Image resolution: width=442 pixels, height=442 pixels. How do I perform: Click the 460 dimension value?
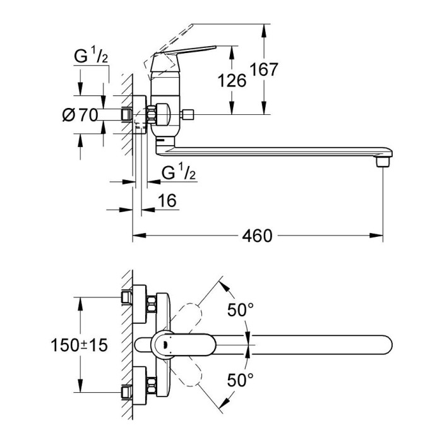click(257, 236)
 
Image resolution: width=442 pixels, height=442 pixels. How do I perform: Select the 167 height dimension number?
click(264, 69)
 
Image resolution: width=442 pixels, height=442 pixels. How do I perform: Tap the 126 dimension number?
click(232, 81)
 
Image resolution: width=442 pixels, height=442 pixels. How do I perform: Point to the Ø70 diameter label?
click(80, 115)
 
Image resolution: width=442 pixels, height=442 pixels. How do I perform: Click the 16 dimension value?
click(167, 200)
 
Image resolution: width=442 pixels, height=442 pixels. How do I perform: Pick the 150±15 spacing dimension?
click(79, 345)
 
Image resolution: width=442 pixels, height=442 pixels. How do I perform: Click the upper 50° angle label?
click(240, 310)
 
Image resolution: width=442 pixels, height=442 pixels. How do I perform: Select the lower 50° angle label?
click(240, 379)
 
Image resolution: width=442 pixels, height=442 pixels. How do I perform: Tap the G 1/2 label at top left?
click(91, 56)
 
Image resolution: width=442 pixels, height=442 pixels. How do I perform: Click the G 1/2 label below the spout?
click(179, 172)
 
